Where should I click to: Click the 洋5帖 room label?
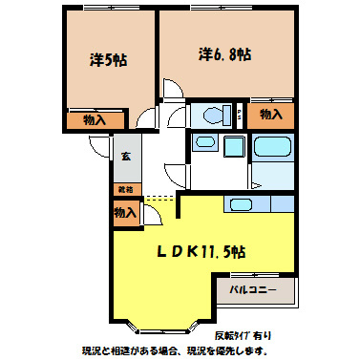(109, 59)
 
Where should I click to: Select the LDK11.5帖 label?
(201, 252)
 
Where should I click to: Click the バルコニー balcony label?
(252, 289)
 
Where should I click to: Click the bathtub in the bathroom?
(275, 149)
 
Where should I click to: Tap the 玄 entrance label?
(125, 157)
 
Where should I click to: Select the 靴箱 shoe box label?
(125, 189)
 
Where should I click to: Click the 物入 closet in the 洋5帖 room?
(94, 120)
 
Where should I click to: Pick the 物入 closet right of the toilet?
(271, 115)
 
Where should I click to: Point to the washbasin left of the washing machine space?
(203, 144)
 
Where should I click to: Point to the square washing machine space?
(235, 148)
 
